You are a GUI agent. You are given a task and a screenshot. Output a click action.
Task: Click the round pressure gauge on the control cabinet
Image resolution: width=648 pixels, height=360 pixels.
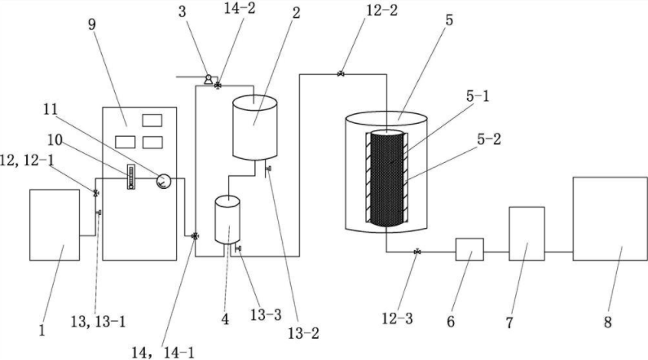[x=163, y=181]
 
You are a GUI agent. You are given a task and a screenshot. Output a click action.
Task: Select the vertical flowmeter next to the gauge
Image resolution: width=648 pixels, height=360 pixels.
[x=131, y=177]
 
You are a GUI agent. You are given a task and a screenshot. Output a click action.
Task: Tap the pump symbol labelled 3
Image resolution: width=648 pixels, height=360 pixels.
[x=209, y=79]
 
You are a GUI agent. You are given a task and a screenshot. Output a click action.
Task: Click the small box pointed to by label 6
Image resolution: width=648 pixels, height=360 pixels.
[x=469, y=249]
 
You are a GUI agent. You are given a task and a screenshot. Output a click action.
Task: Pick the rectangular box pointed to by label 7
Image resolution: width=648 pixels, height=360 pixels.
[x=527, y=234]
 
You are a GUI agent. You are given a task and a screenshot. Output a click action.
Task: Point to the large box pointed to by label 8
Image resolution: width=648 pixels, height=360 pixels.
[x=610, y=219]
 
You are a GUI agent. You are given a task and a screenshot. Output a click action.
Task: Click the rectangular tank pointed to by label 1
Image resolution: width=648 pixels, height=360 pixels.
[x=55, y=225]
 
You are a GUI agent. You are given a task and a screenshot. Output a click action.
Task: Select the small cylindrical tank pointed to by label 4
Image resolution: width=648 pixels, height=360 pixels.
[x=227, y=220]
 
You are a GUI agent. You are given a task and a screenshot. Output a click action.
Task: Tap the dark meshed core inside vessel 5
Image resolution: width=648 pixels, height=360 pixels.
[x=387, y=178]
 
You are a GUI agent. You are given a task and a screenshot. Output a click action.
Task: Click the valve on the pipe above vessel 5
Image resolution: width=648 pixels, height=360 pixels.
[x=341, y=74]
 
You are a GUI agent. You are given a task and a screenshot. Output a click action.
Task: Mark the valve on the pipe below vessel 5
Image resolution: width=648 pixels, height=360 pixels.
[x=417, y=252]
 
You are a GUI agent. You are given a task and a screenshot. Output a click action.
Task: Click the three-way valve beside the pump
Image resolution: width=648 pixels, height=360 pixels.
[x=218, y=86]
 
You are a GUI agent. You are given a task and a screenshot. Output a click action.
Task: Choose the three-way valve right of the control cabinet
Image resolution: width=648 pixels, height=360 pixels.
[x=195, y=236]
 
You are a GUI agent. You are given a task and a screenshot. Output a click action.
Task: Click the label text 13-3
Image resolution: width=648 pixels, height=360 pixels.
[x=266, y=315]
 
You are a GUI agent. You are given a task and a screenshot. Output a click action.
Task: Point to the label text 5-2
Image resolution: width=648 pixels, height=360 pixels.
[x=489, y=139]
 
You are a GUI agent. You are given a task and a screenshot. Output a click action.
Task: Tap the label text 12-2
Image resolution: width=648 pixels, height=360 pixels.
[x=381, y=11]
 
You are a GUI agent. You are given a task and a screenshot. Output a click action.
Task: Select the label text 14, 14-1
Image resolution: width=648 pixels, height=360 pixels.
[x=163, y=353]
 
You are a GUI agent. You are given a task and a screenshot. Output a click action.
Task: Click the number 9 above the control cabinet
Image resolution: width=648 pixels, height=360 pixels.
[x=92, y=24]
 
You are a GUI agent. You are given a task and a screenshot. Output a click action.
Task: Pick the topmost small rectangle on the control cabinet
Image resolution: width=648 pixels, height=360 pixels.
[x=152, y=121]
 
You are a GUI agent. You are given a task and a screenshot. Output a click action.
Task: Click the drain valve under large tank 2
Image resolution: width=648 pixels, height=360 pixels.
[x=269, y=169]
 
